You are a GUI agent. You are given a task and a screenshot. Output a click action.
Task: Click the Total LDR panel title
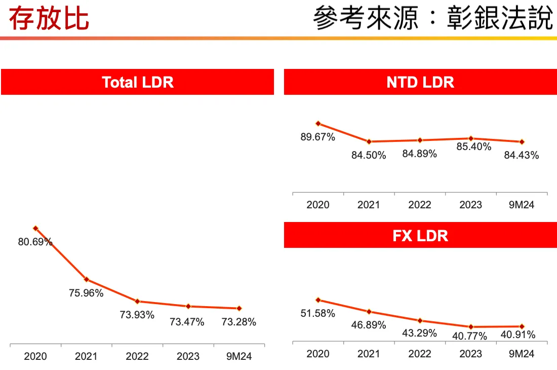click(x=137, y=82)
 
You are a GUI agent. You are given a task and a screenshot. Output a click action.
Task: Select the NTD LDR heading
click(x=420, y=82)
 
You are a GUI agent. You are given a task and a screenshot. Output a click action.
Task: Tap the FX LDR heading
click(x=420, y=236)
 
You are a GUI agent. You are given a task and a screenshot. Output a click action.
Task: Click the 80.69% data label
click(x=35, y=242)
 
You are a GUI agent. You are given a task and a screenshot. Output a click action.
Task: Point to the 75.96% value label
click(x=86, y=293)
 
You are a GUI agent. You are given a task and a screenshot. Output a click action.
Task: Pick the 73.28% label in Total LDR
click(x=238, y=322)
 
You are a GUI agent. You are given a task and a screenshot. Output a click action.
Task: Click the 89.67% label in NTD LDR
click(x=318, y=137)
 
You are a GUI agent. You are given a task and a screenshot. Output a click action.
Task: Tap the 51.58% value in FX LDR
click(x=318, y=313)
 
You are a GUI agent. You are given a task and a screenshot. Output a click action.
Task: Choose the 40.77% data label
click(x=470, y=336)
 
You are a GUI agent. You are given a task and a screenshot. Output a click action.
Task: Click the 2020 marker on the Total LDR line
click(x=35, y=229)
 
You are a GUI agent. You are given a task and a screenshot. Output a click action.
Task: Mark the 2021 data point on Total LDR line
click(x=87, y=279)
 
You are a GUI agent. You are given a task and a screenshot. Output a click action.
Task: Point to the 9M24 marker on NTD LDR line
click(x=522, y=142)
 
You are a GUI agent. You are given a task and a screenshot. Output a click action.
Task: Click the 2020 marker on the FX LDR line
click(x=318, y=300)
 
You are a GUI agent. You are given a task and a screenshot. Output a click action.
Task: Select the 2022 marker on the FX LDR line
click(x=420, y=320)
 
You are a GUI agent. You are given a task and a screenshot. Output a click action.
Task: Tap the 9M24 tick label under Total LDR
click(x=238, y=356)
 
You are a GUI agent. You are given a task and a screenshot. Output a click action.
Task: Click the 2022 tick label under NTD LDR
click(x=420, y=205)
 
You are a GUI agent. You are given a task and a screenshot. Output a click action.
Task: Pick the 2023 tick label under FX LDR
click(x=471, y=354)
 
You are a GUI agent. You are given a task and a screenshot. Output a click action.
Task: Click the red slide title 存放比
click(x=49, y=19)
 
